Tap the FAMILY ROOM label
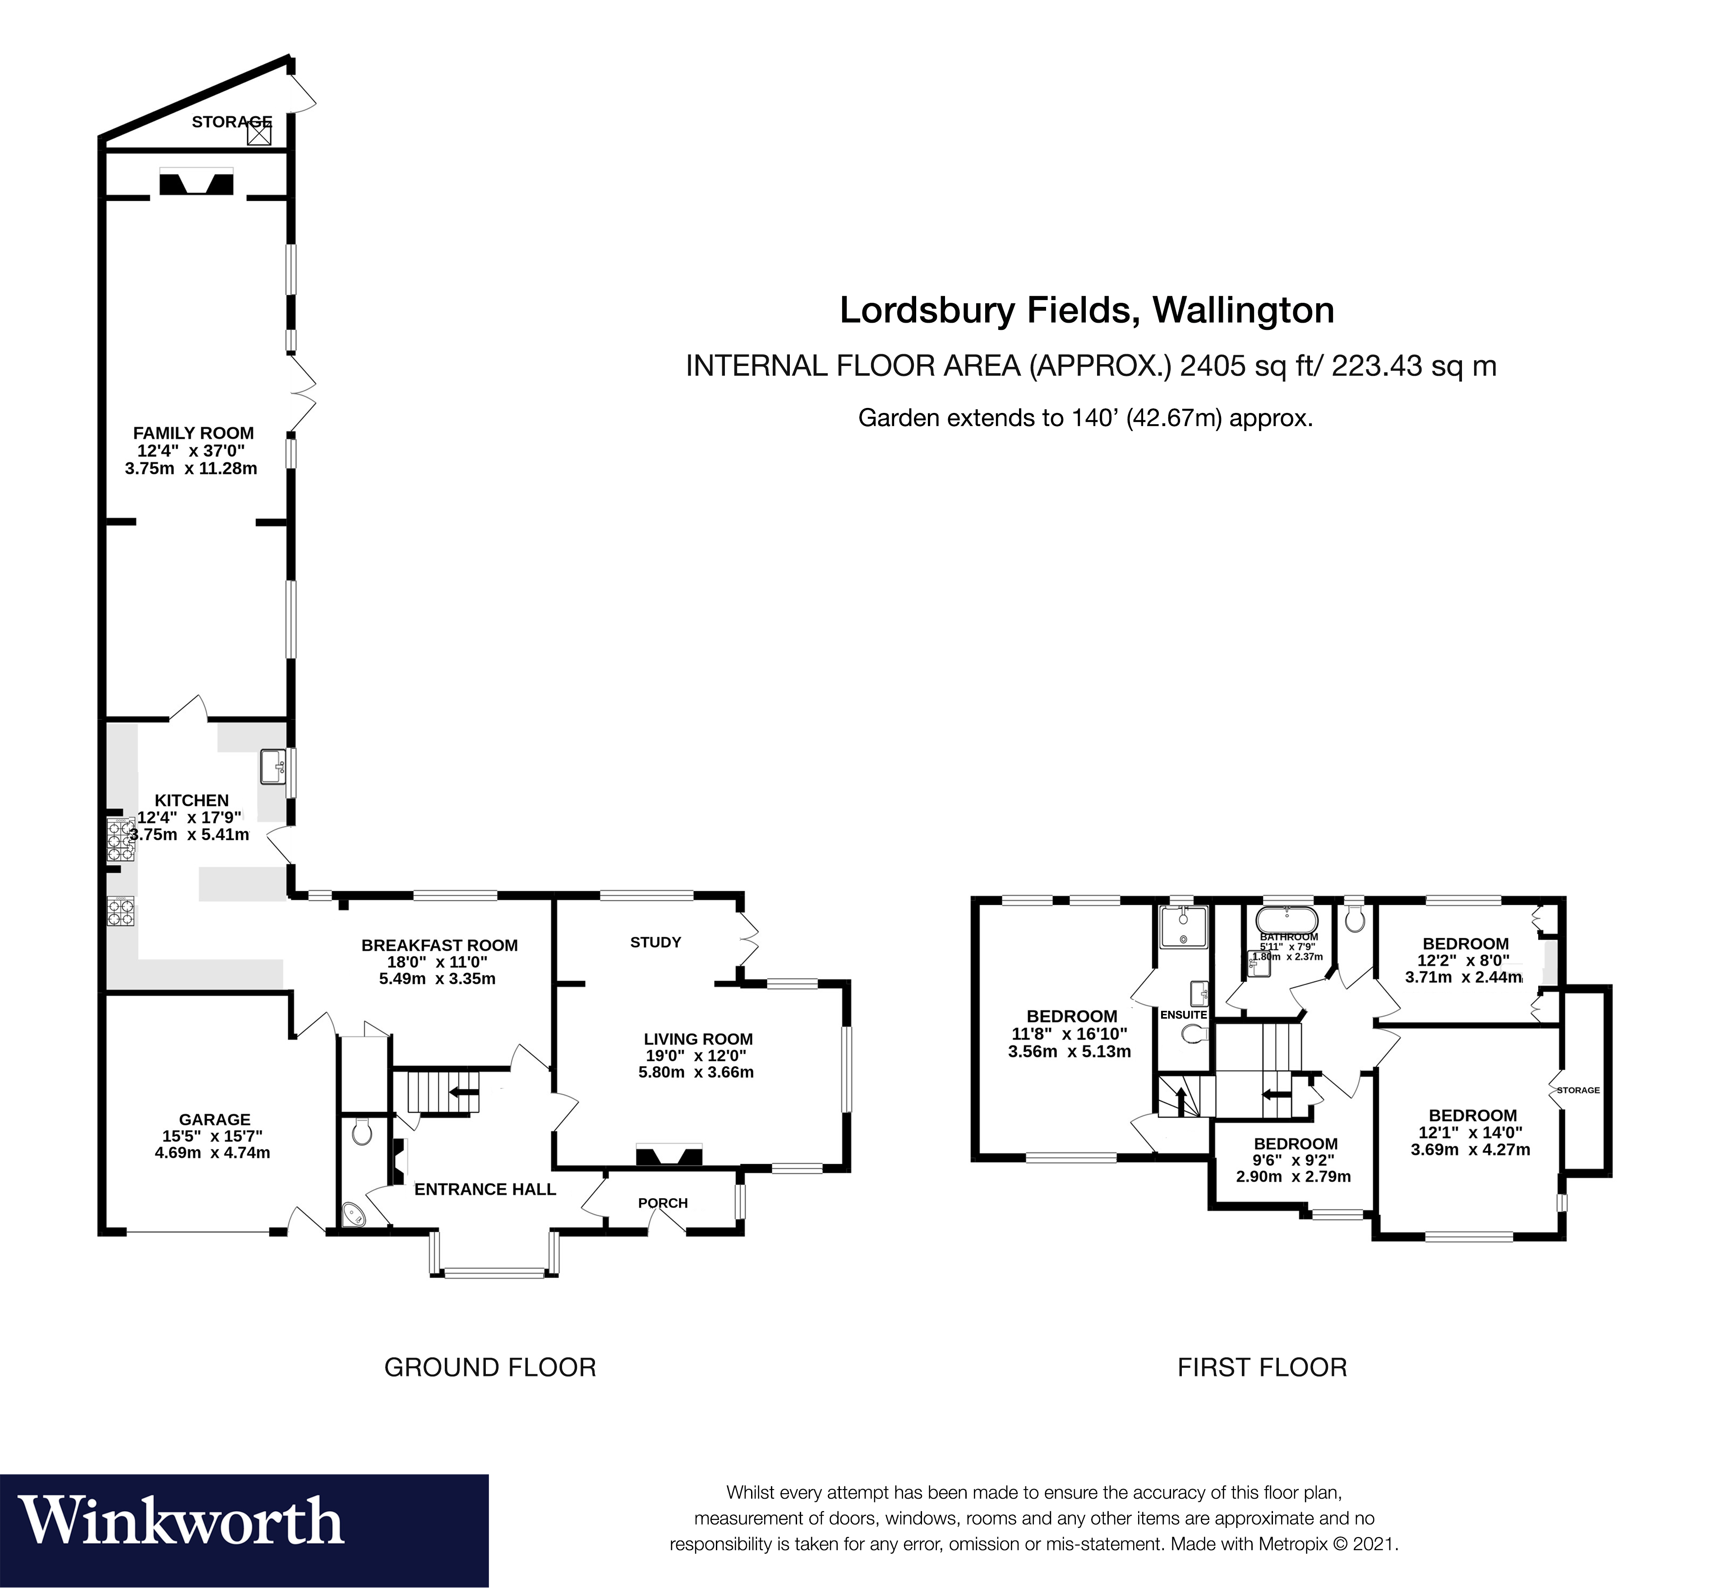tap(194, 433)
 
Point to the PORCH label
tap(662, 1203)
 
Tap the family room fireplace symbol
tap(197, 185)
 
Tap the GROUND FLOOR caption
tap(490, 1367)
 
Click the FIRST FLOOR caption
tap(1261, 1367)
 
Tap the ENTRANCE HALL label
tap(484, 1189)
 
